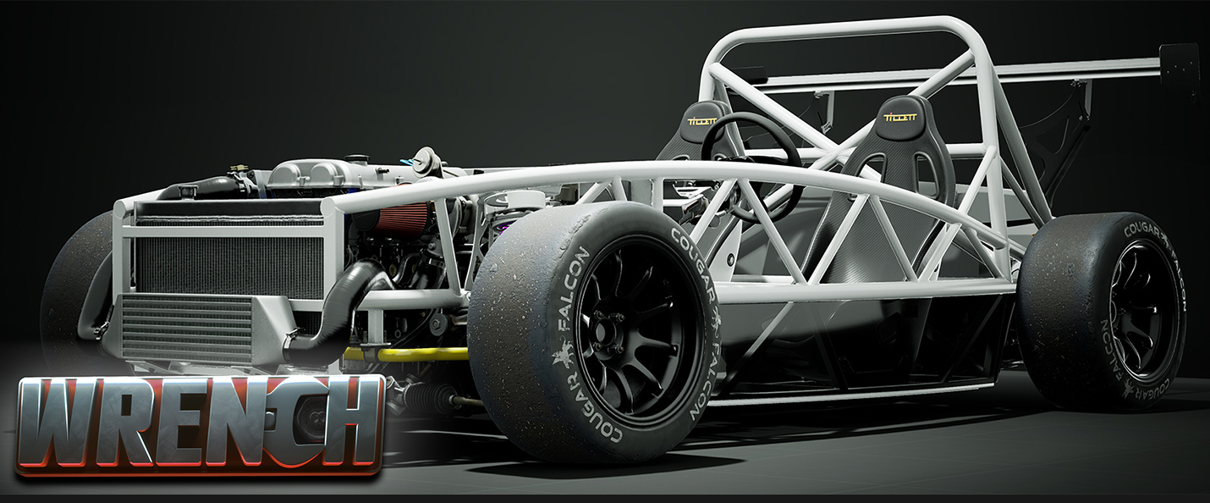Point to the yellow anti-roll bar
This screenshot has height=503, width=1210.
coord(406,355)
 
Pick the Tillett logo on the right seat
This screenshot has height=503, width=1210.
coord(900,117)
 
